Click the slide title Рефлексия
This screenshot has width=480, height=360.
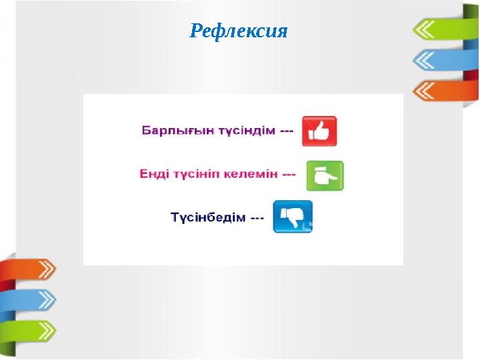pyautogui.click(x=239, y=31)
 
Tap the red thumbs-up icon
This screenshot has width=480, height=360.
pyautogui.click(x=319, y=131)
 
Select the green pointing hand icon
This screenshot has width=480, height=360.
pyautogui.click(x=325, y=175)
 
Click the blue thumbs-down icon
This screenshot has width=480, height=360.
pyautogui.click(x=293, y=217)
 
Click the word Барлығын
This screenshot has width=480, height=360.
pyautogui.click(x=168, y=131)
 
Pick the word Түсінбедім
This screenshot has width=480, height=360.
pyautogui.click(x=208, y=218)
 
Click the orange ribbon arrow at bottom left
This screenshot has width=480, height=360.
pyautogui.click(x=30, y=269)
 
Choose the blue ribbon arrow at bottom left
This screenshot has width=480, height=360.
pyautogui.click(x=30, y=299)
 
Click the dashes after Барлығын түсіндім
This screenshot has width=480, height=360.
pyautogui.click(x=286, y=131)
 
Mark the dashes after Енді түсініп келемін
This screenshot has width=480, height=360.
pyautogui.click(x=289, y=175)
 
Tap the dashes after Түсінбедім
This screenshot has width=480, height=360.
pyautogui.click(x=257, y=218)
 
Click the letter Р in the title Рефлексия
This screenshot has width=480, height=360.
pyautogui.click(x=195, y=31)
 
